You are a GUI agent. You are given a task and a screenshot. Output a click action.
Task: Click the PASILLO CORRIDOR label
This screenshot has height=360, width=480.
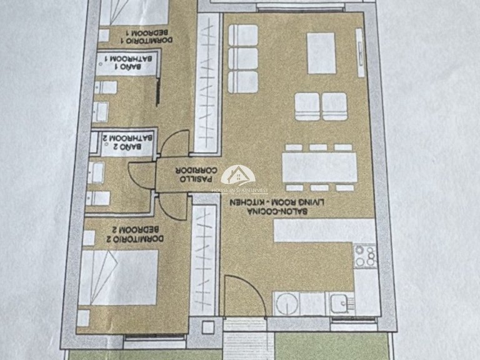pyautogui.click(x=198, y=174)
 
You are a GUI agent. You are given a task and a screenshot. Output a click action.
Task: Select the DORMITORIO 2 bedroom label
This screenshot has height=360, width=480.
pyautogui.click(x=135, y=234)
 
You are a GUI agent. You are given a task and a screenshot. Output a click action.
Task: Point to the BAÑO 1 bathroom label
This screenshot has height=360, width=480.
pyautogui.click(x=128, y=62)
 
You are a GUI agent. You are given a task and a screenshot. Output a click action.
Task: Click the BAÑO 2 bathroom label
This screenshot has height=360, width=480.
pyautogui.click(x=127, y=142)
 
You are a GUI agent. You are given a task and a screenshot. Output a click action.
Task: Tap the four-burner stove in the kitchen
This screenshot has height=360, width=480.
pyautogui.click(x=365, y=256)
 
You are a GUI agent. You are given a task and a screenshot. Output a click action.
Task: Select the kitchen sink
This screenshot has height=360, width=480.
pyautogui.click(x=341, y=304)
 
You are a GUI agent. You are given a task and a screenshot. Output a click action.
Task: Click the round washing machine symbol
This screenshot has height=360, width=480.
pyautogui.click(x=287, y=304)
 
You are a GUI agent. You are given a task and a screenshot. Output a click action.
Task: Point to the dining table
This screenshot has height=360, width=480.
pyautogui.click(x=319, y=167)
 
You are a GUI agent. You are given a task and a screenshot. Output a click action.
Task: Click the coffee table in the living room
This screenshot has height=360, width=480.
pyautogui.click(x=321, y=53)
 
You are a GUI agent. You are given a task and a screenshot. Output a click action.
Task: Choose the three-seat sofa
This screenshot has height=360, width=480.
pyautogui.click(x=243, y=59)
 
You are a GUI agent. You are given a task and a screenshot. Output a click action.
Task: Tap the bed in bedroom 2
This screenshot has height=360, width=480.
pyautogui.click(x=119, y=277)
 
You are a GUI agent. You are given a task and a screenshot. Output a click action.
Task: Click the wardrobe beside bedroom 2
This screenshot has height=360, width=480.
pyautogui.click(x=203, y=256)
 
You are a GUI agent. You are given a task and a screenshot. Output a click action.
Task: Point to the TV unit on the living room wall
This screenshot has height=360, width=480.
pyautogui.click(x=360, y=53)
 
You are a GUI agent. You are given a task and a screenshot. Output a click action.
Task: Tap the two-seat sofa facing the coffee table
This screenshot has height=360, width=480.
pyautogui.click(x=321, y=107)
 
